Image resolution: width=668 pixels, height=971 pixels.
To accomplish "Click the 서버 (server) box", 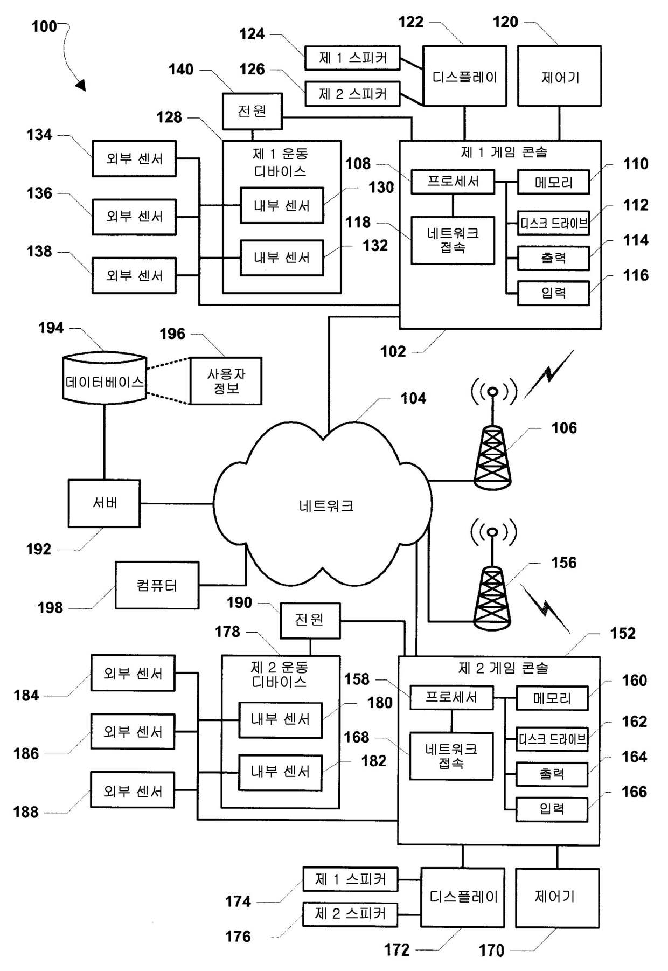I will (x=104, y=503).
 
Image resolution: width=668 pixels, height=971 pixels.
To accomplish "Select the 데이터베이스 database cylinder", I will (x=105, y=378).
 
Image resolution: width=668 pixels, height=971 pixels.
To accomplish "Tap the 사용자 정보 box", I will (x=226, y=381).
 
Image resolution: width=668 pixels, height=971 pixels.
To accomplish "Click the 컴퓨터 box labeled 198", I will (x=157, y=585).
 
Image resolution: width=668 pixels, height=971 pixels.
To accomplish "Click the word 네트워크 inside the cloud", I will (x=326, y=506).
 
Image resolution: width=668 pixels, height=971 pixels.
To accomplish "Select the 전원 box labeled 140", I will (x=252, y=111).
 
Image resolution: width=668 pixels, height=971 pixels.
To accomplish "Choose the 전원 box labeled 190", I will (x=310, y=620).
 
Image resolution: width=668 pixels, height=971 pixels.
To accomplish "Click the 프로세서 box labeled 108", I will (x=453, y=182).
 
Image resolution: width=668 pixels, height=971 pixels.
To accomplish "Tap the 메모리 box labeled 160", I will (x=552, y=698).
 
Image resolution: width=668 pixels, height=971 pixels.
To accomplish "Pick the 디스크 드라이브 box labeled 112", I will (x=553, y=223).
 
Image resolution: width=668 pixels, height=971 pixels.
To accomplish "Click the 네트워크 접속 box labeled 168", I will (x=451, y=756).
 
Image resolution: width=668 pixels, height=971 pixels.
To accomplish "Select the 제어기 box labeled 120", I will (x=559, y=77).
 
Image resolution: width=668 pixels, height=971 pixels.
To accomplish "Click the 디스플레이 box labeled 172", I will (x=463, y=897).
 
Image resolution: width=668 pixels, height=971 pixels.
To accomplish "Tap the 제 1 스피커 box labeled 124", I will (x=352, y=58).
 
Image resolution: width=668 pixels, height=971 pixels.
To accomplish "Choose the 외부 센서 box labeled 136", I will (x=134, y=217).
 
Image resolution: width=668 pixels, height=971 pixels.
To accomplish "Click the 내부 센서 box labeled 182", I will (x=280, y=772).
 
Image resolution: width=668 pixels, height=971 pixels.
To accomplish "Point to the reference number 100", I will (x=44, y=26).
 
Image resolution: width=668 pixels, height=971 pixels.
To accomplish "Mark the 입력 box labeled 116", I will (x=553, y=293).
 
